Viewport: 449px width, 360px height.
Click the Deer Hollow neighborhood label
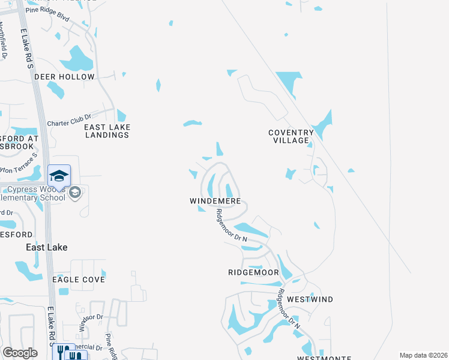click(x=64, y=77)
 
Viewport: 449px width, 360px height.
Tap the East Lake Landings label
click(x=107, y=131)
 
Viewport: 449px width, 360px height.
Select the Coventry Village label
click(x=291, y=136)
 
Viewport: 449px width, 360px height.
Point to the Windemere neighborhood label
click(x=215, y=201)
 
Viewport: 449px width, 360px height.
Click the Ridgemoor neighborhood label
click(x=253, y=272)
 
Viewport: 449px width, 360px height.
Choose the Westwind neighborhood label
click(x=310, y=299)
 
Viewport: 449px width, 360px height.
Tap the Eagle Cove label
click(x=79, y=280)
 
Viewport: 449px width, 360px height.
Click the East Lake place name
click(x=46, y=247)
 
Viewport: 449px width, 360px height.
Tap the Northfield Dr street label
click(x=4, y=41)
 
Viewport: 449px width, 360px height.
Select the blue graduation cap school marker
click(x=59, y=176)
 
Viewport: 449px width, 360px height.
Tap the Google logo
click(x=20, y=353)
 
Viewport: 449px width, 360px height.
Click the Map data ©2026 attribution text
click(x=423, y=355)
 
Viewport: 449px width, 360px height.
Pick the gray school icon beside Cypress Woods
click(x=75, y=192)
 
